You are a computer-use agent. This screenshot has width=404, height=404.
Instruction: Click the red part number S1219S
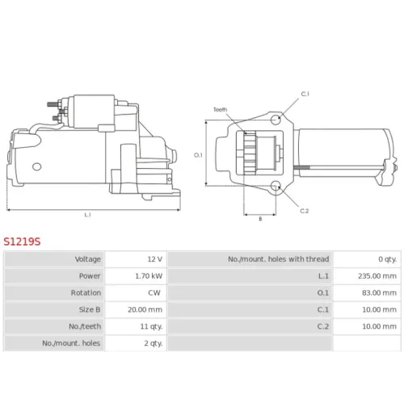[x=22, y=242]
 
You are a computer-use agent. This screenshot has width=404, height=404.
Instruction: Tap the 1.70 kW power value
[x=149, y=276]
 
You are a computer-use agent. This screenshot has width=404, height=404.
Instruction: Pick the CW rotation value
[x=154, y=292]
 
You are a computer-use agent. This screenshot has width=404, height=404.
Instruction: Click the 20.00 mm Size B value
[x=145, y=309]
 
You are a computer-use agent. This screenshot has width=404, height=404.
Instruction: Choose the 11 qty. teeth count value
[x=151, y=326]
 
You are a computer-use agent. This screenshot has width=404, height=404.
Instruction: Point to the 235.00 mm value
[x=377, y=276]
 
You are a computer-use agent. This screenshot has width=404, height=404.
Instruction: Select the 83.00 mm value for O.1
[x=379, y=292]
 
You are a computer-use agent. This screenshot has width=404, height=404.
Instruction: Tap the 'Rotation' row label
[x=86, y=292]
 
